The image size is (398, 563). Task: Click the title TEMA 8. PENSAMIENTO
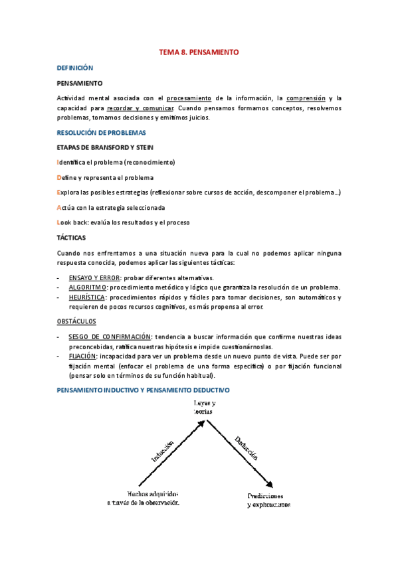tap(198, 51)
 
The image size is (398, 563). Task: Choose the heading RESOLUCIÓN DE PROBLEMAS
tap(101, 133)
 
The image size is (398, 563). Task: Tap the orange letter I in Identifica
tap(58, 162)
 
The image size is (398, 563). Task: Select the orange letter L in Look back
tap(60, 222)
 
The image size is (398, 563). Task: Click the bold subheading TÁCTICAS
tap(72, 237)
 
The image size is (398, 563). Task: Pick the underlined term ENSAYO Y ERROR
tap(94, 278)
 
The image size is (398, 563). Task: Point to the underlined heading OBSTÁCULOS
tap(76, 321)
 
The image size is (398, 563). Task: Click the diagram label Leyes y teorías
tap(204, 407)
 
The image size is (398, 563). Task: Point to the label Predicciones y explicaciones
tap(268, 500)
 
